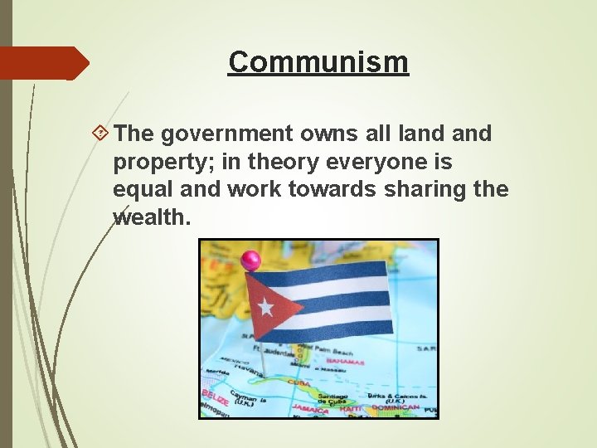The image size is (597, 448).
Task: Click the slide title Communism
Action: click(318, 61)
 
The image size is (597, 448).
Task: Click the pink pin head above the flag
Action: click(250, 260)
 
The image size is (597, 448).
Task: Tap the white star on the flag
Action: click(265, 307)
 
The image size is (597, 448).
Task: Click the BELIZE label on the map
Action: click(215, 397)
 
